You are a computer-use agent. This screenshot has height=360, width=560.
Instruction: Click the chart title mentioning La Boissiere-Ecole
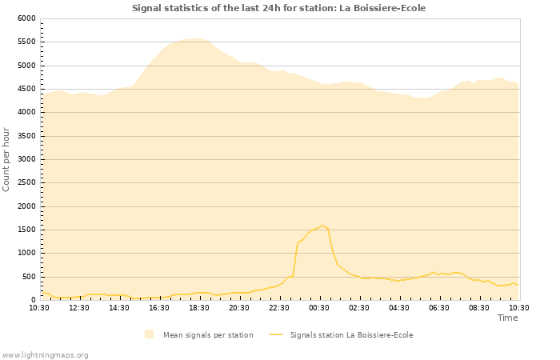[x=278, y=8]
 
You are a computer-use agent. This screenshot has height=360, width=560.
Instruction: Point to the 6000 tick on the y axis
[x=26, y=18]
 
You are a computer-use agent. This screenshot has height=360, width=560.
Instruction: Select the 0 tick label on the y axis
[x=34, y=300]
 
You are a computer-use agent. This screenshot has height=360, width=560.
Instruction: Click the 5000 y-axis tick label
[x=26, y=66]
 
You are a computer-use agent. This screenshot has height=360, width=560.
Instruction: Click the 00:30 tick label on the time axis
[x=319, y=307]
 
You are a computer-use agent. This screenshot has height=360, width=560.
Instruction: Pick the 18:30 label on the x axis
[x=199, y=307]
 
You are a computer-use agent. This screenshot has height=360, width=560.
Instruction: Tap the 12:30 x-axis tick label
[x=79, y=307]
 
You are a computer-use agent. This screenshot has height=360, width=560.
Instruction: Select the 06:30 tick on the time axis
[x=439, y=307]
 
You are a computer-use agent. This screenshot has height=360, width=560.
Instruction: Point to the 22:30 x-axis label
[x=279, y=307]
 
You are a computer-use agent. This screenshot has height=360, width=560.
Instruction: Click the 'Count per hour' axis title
[x=7, y=158]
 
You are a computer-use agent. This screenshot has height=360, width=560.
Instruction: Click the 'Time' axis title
[x=507, y=318]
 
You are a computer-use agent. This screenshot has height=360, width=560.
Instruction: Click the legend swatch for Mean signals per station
[x=149, y=334]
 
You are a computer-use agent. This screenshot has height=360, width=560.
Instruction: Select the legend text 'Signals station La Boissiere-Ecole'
[x=351, y=335]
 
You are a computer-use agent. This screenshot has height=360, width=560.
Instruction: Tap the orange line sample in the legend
[x=276, y=334]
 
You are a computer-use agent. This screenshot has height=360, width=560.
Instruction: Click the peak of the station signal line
[x=322, y=226]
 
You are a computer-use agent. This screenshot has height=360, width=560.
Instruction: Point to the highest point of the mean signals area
[x=196, y=38]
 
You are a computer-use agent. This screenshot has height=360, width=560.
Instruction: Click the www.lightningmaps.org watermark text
[x=45, y=354]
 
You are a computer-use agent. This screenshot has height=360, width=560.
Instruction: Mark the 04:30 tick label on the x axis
[x=399, y=307]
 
